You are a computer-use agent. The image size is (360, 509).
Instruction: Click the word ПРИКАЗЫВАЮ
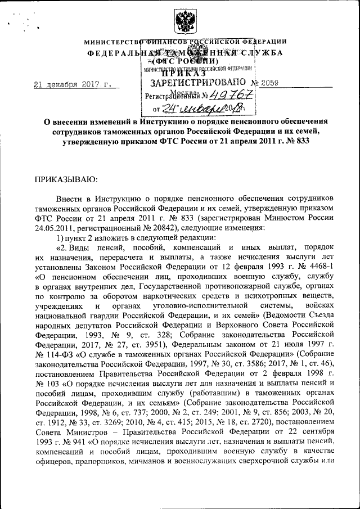67,179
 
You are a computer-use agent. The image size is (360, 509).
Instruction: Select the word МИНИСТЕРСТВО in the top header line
111,42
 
